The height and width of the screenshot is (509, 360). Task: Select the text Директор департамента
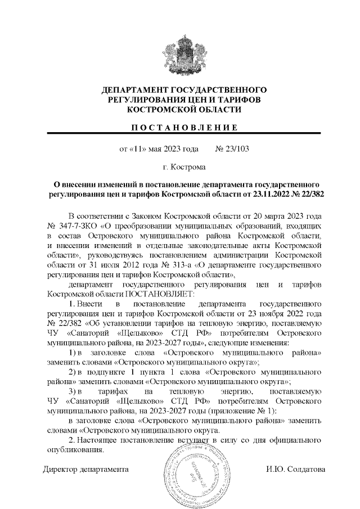click(86, 469)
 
